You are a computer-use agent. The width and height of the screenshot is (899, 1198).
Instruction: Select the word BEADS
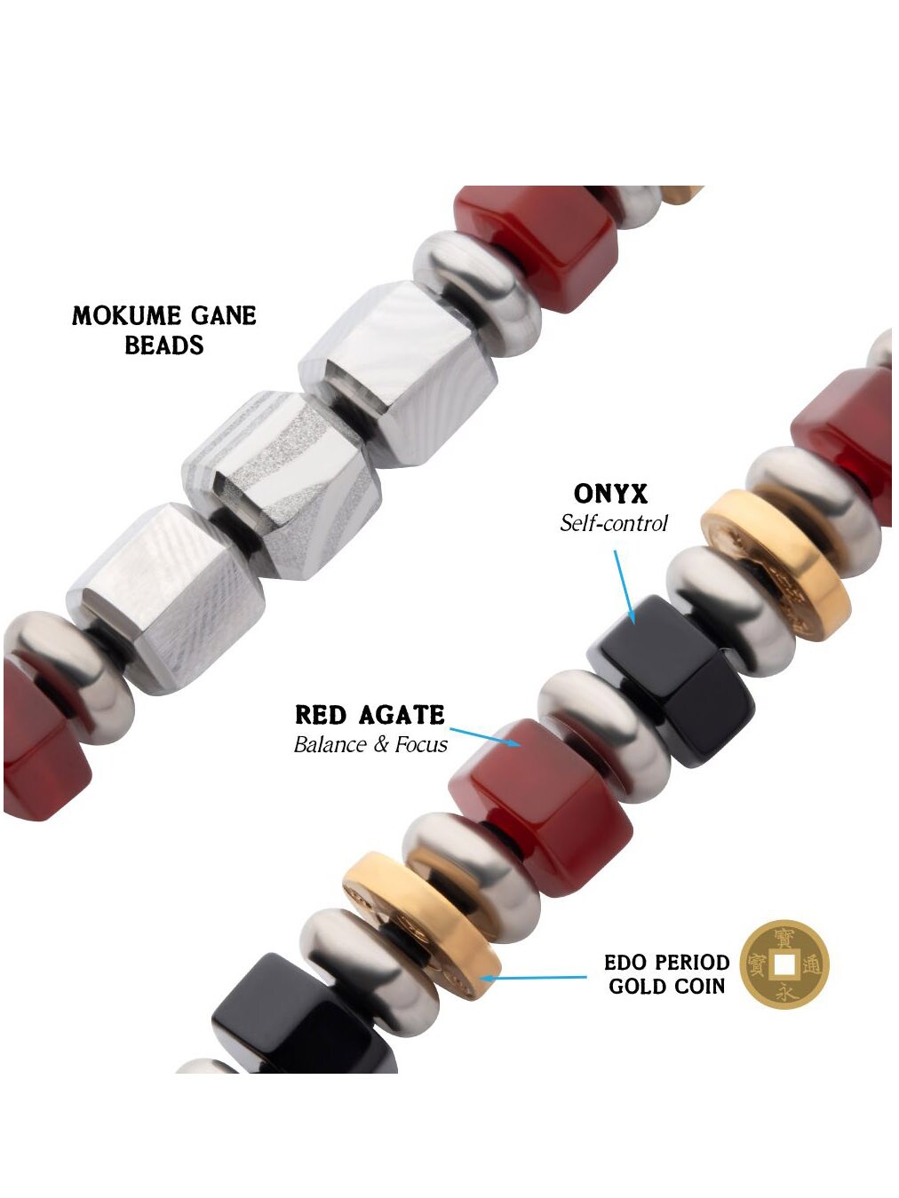164,345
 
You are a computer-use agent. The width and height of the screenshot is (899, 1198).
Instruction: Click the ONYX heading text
610,494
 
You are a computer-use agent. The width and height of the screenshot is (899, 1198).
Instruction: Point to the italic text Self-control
613,523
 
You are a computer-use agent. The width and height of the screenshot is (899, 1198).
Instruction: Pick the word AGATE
403,715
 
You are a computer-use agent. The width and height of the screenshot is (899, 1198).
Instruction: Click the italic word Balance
330,744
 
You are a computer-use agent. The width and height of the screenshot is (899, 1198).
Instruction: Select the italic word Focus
421,744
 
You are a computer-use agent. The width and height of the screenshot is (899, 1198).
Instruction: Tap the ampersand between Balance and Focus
381,744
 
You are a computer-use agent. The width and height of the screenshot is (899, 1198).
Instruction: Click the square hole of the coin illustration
784,964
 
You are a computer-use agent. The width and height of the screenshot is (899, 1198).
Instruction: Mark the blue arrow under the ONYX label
625,586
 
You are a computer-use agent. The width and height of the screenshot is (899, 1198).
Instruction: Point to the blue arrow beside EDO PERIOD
533,978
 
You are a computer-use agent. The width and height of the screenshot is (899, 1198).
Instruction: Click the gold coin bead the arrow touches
426,924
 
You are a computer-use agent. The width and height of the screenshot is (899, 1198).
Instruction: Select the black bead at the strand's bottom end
302,1021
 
